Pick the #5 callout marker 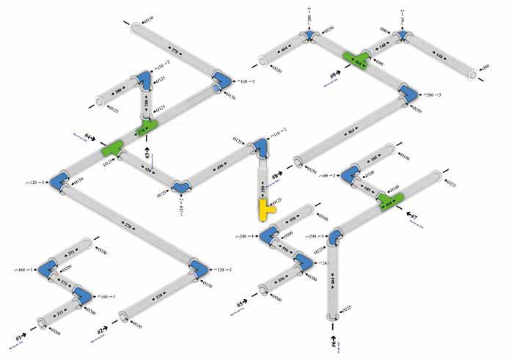243,303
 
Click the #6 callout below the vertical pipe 334,340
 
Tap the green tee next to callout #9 357,59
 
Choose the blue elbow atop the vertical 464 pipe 335,236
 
